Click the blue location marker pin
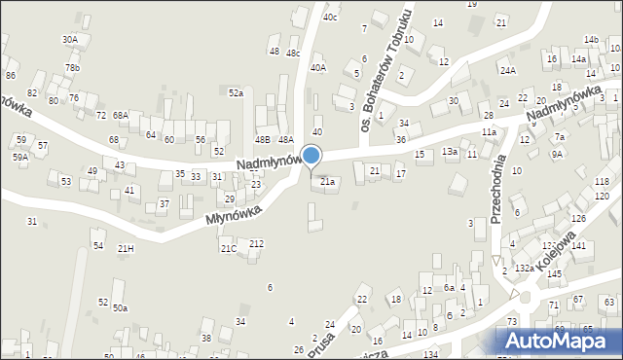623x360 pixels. [311, 156]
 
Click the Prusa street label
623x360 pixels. [320, 345]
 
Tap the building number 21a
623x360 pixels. [328, 181]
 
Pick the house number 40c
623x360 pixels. [331, 17]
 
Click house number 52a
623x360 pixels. [236, 92]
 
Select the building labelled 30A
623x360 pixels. [70, 39]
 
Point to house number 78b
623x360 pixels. [73, 67]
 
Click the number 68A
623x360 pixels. [120, 115]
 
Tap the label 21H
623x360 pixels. [126, 249]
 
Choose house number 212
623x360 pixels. [256, 243]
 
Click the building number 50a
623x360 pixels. [119, 307]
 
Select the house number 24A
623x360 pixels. [507, 70]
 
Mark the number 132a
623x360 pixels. [524, 267]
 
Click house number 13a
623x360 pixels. [449, 152]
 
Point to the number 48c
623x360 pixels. [293, 53]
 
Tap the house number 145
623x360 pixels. [554, 274]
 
